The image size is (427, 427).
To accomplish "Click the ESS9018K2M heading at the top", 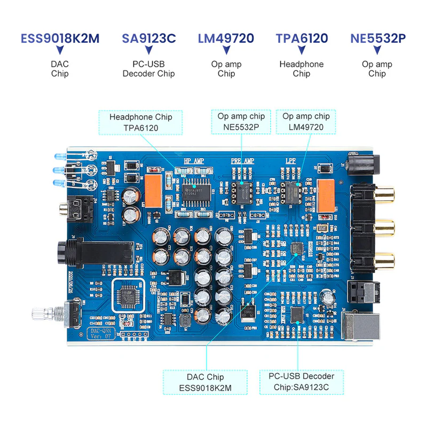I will coord(60,38).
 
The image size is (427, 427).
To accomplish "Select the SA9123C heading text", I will coord(148,38).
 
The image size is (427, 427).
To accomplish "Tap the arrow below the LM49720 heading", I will coord(226,51).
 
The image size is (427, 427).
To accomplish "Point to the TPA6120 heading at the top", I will coord(302,38).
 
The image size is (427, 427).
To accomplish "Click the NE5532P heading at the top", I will coord(377,38).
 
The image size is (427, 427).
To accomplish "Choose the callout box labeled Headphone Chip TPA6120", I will coord(141,122).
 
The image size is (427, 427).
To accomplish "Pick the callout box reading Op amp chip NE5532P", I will coord(241,122).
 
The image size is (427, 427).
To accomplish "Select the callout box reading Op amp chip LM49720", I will coord(306,122).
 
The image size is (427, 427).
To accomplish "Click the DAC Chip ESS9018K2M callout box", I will coord(205,383).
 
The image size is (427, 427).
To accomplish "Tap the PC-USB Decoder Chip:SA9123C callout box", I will coord(302,383).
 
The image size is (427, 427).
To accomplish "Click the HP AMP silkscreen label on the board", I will coord(194,161).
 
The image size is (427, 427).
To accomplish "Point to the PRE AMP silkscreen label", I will coord(242,161).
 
